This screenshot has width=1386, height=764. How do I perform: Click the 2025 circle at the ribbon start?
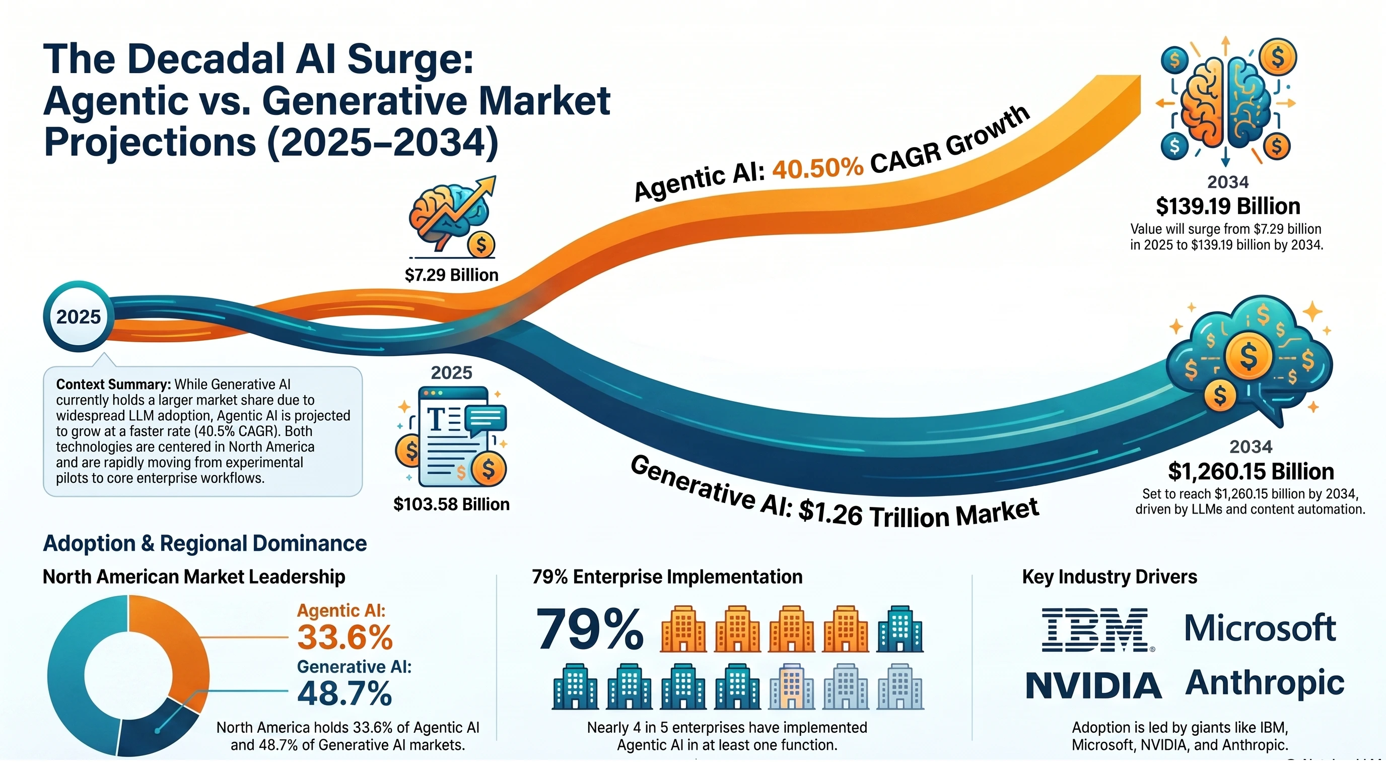tap(78, 316)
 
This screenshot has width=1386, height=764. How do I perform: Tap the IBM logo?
tap(1097, 629)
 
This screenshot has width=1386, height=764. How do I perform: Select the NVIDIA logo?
tap(1093, 685)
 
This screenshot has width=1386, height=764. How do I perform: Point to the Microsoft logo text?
tap(1260, 628)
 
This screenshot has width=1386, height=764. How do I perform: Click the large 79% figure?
tap(590, 629)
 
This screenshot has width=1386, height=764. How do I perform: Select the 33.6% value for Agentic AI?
tap(345, 637)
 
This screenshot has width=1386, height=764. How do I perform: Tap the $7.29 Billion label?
tap(451, 275)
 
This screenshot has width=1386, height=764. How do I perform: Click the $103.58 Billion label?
tap(451, 504)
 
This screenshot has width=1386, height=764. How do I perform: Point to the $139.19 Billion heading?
tap(1228, 206)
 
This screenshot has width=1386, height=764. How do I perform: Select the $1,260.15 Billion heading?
tap(1251, 472)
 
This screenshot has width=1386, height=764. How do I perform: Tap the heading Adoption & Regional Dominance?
tap(204, 543)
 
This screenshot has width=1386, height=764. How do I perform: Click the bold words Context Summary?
tap(113, 385)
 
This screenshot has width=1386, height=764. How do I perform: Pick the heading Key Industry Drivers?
tap(1110, 577)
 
